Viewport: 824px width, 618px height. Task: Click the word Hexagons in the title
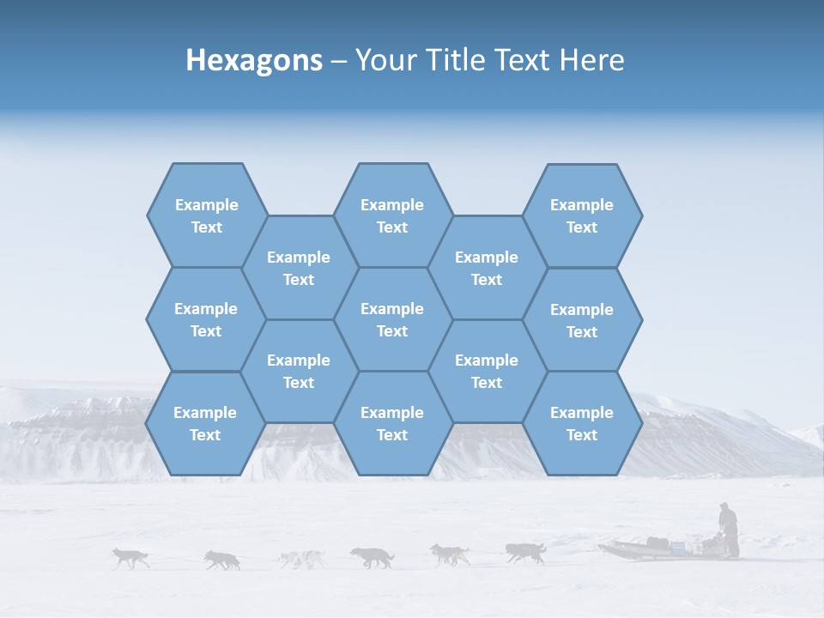[254, 60]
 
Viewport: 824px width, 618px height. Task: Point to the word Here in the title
[591, 60]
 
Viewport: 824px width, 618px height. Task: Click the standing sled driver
[728, 529]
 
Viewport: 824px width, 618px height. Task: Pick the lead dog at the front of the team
[130, 558]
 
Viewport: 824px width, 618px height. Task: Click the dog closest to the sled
[525, 552]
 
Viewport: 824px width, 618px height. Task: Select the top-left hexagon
[206, 215]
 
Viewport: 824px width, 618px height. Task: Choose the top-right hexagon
[582, 215]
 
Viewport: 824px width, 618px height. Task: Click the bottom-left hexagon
[205, 423]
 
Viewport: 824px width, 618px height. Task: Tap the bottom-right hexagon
[582, 423]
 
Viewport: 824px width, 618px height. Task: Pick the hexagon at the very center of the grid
[392, 319]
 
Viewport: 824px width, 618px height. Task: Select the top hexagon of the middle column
[392, 215]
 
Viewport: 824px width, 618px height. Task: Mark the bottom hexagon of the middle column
[392, 423]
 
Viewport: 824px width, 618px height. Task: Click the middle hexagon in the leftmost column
[206, 319]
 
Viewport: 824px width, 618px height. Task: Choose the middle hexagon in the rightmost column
[582, 320]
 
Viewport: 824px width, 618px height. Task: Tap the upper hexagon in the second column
[299, 268]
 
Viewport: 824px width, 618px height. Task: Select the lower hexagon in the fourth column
[487, 371]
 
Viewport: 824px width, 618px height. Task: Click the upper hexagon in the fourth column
[487, 268]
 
